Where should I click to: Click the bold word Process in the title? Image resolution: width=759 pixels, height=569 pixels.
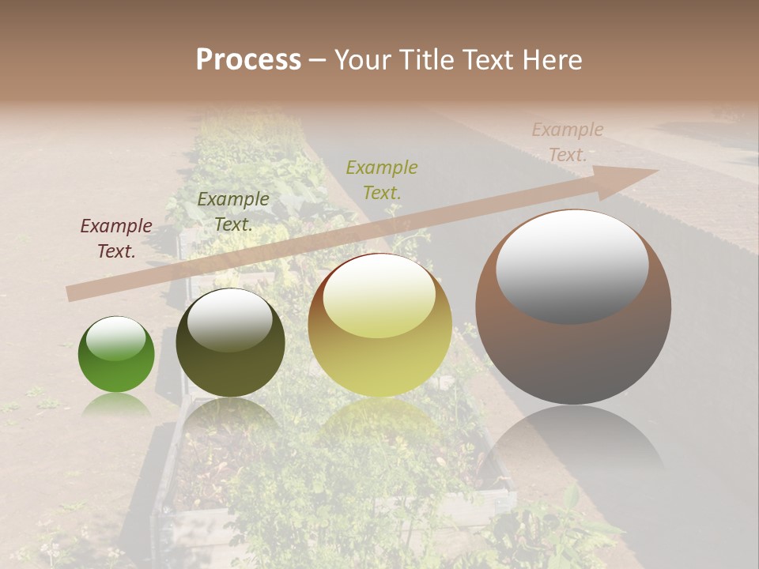click(248, 60)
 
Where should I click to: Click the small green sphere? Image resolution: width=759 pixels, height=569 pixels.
click(116, 355)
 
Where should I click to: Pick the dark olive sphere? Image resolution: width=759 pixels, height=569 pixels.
click(230, 342)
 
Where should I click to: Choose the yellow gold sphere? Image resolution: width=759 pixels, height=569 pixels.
click(379, 325)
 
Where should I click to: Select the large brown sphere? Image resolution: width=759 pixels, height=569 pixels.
click(573, 307)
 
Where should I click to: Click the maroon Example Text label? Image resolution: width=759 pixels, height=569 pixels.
click(116, 239)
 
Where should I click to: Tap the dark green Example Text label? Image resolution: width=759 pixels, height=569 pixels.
click(233, 212)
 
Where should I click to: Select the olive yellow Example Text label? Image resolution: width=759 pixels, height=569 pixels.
click(382, 179)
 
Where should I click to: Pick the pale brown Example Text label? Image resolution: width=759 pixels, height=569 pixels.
click(567, 142)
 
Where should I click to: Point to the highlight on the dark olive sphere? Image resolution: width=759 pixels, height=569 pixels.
click(229, 319)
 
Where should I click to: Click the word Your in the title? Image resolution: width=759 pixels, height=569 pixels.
click(361, 60)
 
